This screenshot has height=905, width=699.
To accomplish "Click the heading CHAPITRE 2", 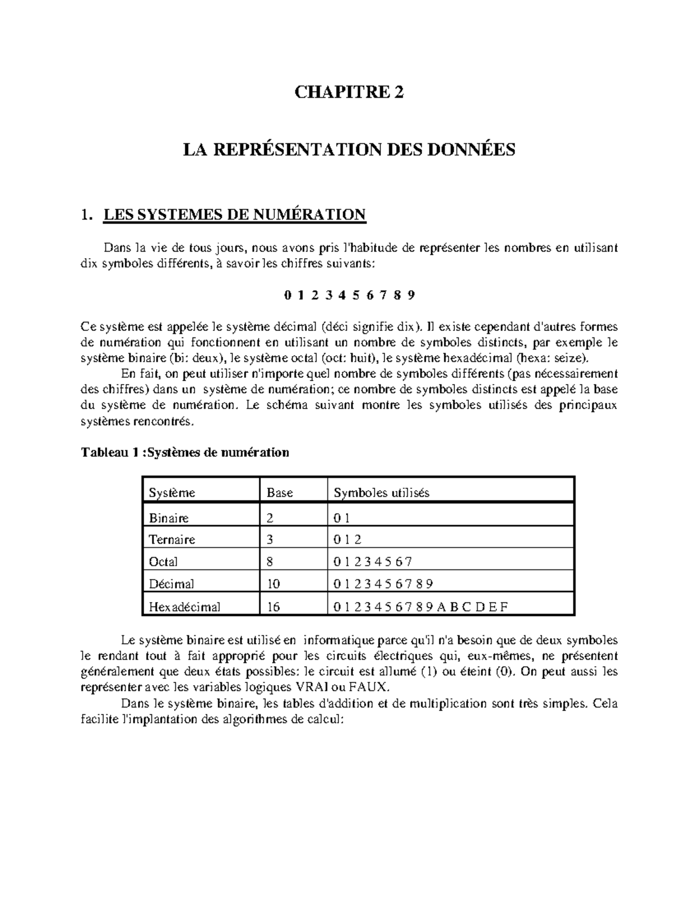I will tap(349, 93).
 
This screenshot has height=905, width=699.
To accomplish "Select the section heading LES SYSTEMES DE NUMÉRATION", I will tap(234, 215).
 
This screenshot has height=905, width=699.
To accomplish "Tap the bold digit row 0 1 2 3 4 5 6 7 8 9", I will tap(349, 295).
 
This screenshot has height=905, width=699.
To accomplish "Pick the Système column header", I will tap(172, 493).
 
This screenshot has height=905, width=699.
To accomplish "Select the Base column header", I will tap(280, 493).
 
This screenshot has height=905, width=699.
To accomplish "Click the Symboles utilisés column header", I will tap(381, 493).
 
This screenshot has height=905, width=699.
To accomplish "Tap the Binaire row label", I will tap(169, 518).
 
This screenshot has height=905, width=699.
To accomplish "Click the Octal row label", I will tap(164, 562).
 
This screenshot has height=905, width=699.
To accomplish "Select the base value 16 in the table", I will tap(273, 607).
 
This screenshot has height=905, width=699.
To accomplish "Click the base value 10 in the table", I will tap(273, 584).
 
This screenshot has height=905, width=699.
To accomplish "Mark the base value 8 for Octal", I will tap(270, 562).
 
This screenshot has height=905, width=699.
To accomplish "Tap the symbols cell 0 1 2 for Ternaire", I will tap(348, 540).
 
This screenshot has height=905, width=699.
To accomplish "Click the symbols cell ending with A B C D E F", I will tap(421, 607).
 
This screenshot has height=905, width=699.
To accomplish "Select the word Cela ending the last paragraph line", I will tap(605, 703).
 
